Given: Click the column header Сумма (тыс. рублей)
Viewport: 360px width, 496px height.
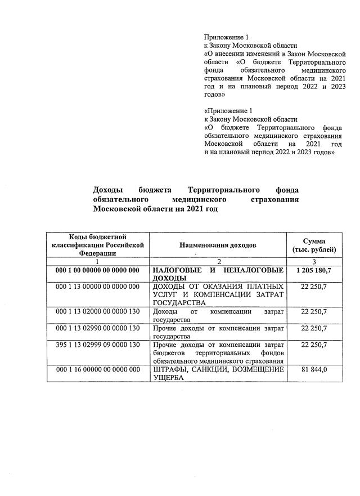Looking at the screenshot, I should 314,245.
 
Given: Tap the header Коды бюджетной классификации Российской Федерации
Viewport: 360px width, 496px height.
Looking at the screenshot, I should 98,245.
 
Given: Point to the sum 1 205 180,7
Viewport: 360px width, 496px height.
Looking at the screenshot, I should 314,271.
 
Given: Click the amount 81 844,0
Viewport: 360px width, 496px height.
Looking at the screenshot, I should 314,369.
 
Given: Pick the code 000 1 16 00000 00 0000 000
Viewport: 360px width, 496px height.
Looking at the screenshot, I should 98,369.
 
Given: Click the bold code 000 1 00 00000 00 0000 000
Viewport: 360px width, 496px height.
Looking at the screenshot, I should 98,271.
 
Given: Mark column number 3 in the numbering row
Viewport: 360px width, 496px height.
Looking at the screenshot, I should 314,262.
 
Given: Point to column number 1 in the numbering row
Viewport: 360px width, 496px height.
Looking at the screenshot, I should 98,262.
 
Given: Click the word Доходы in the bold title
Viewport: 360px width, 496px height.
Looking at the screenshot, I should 107,190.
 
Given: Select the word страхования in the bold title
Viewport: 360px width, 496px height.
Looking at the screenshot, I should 275,199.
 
